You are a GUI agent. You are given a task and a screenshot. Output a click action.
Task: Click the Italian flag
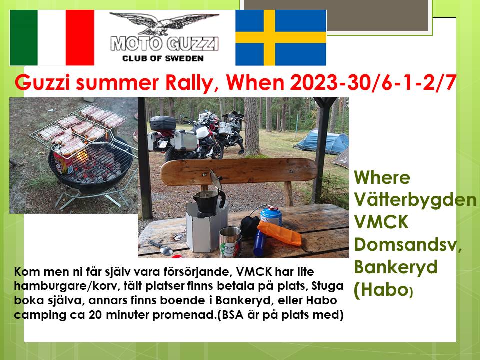tap(52, 37)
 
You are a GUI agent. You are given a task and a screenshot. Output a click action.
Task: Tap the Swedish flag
tap(281, 37)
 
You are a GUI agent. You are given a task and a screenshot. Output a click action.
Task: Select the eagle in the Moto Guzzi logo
tap(164, 23)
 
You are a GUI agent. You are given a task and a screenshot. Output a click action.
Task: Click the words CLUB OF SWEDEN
tap(163, 58)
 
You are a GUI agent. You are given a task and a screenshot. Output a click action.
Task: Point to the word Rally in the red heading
tap(192, 82)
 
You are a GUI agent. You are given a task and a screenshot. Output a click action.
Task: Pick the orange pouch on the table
tap(279, 233)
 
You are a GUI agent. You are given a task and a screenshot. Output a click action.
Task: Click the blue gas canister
tap(271, 216)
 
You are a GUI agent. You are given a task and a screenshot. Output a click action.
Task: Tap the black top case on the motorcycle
tap(162, 123)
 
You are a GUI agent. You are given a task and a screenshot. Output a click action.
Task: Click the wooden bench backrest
tap(239, 171)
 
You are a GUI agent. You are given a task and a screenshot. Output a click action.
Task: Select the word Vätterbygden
tap(415, 200)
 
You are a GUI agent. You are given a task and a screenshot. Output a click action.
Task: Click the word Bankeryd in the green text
tap(396, 267)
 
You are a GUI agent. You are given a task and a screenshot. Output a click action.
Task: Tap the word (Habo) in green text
tap(384, 289)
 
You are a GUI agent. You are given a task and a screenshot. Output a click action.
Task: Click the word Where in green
tap(382, 177)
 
